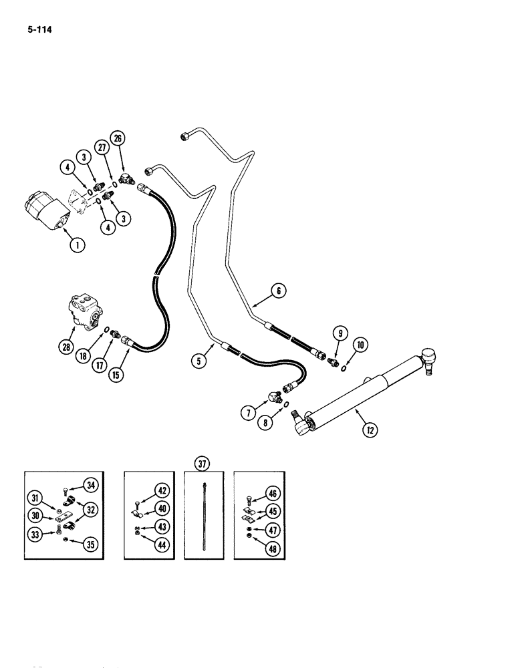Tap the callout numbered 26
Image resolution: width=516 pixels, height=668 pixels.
coord(118,140)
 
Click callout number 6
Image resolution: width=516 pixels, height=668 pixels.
coord(278,291)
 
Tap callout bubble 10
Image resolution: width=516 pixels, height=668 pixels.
coord(361,345)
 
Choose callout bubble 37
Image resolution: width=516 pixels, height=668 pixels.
coord(201,463)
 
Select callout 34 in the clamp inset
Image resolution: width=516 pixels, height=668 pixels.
coord(90,484)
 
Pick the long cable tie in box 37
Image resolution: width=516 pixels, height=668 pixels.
coord(201,513)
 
